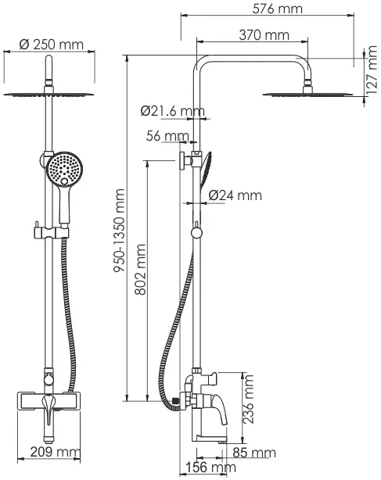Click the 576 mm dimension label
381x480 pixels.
click(277, 9)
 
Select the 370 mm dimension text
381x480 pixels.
click(264, 35)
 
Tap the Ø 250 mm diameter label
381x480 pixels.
click(51, 45)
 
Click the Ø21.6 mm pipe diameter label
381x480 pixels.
click(172, 111)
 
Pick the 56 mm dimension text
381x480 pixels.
click(167, 136)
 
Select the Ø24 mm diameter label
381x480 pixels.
click(235, 195)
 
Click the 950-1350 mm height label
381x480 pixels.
click(119, 230)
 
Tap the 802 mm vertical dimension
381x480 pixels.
click(141, 269)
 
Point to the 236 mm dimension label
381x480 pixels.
click(248, 399)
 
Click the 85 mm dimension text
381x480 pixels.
click(254, 453)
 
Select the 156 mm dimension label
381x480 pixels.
click(211, 467)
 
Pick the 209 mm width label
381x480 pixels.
click(55, 452)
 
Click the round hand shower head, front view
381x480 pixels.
click(64, 169)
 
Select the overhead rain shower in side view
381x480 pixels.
click(307, 95)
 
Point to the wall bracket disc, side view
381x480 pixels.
click(182, 161)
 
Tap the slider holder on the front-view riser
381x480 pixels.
click(51, 232)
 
